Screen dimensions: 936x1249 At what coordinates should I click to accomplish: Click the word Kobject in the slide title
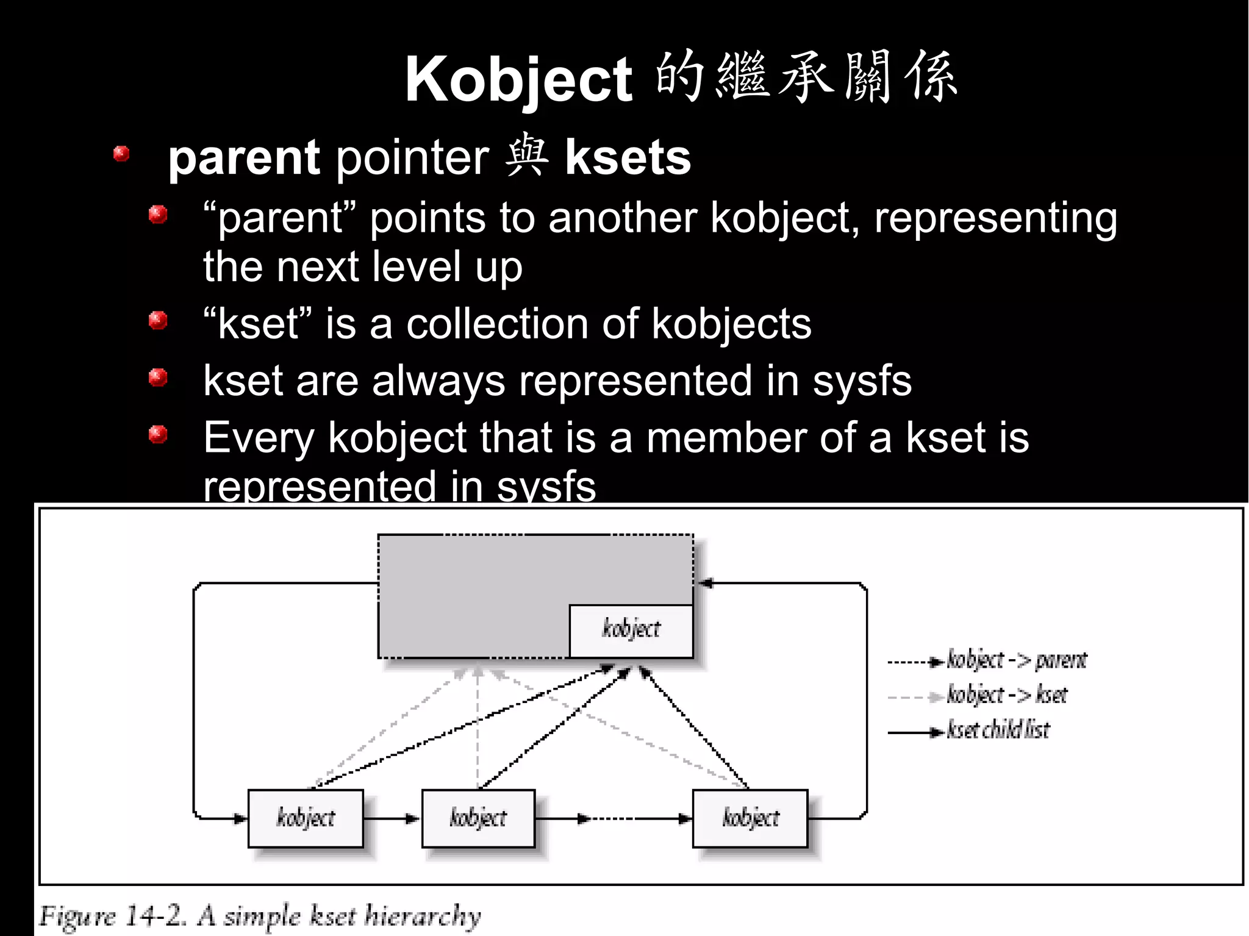519,80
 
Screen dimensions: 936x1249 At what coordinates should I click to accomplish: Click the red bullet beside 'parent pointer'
121,154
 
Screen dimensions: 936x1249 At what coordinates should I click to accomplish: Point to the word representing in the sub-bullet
995,218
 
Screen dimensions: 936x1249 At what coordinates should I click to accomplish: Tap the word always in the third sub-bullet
438,381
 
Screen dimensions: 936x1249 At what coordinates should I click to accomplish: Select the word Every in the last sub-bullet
259,438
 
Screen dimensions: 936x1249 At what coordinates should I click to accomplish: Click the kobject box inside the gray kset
631,631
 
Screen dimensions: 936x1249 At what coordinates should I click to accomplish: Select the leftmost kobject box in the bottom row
306,818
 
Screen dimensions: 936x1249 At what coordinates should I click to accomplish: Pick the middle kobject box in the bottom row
478,818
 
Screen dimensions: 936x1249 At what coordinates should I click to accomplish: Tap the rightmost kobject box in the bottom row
750,818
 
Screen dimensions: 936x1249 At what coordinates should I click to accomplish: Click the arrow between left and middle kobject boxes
392,819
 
